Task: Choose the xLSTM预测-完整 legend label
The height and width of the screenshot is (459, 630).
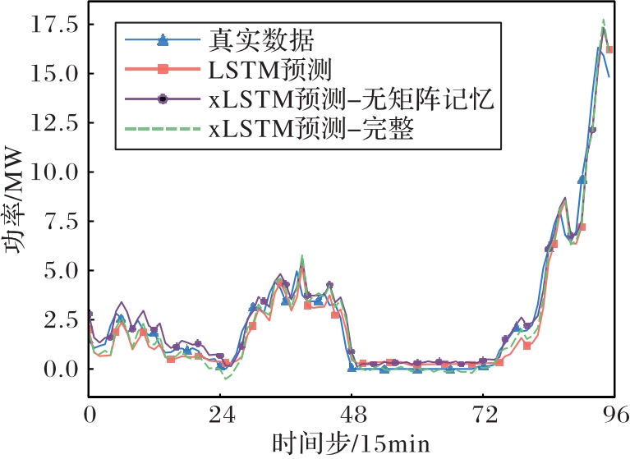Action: pos(311,130)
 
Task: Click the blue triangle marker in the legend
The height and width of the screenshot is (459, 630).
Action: pos(163,38)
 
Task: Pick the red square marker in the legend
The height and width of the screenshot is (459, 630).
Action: pos(163,68)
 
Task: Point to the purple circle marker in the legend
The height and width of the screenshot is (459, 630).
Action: pos(163,99)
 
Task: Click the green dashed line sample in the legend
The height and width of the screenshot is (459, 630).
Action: pos(163,130)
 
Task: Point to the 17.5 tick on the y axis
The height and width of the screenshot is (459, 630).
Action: pos(55,25)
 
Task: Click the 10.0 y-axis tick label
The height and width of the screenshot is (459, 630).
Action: pos(55,172)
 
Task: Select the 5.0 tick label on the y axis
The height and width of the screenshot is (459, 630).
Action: pos(61,271)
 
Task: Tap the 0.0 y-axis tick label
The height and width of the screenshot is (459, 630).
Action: pos(61,369)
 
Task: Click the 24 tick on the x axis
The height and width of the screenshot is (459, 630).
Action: pos(219,415)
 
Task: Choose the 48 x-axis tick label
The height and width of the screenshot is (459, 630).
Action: pos(352,415)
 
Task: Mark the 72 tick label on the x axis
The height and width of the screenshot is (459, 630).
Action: pos(483,415)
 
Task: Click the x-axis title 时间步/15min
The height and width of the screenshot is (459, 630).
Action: pos(351,443)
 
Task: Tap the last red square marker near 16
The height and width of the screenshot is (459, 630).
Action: pos(609,50)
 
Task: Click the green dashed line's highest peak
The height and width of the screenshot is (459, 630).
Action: pos(604,20)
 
